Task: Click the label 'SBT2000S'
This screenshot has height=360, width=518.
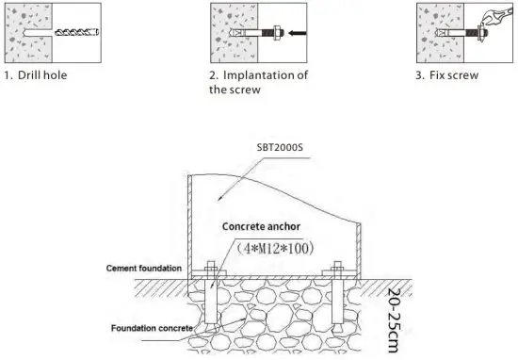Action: coord(283,148)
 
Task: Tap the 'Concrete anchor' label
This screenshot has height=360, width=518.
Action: coord(261,228)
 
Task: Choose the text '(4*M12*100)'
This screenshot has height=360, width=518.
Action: coord(274,249)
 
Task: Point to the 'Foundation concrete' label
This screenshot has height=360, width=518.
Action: coord(150,328)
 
